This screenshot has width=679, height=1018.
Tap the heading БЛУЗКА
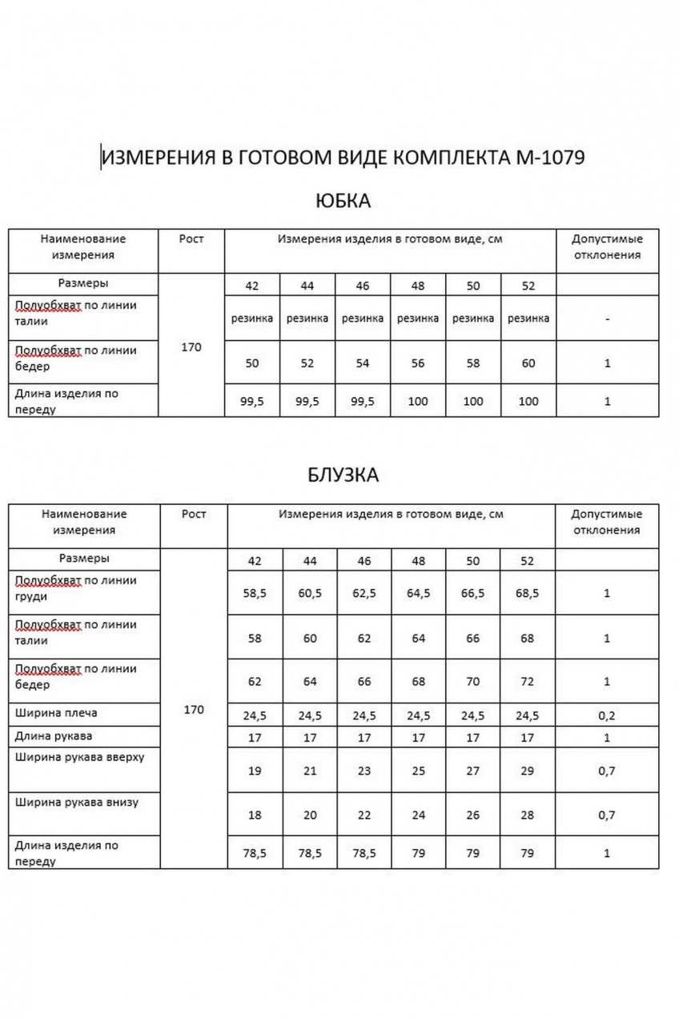pyautogui.click(x=343, y=475)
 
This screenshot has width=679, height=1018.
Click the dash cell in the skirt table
pyautogui.click(x=607, y=319)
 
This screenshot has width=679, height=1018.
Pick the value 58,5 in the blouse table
pyautogui.click(x=255, y=594)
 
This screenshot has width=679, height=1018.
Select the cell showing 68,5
pyautogui.click(x=527, y=594)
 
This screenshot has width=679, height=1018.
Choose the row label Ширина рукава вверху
pyautogui.click(x=79, y=757)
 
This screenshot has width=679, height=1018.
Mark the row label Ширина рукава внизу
pyautogui.click(x=77, y=802)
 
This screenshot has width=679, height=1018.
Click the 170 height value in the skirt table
pyautogui.click(x=191, y=347)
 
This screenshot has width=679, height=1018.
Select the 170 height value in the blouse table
pyautogui.click(x=194, y=710)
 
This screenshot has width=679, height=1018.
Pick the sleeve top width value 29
pyautogui.click(x=527, y=771)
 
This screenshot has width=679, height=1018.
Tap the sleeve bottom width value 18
pyautogui.click(x=255, y=816)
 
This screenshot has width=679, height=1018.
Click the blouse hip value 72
pyautogui.click(x=527, y=682)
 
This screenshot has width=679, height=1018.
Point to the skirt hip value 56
pyautogui.click(x=418, y=363)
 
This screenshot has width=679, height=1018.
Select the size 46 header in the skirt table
pyautogui.click(x=362, y=286)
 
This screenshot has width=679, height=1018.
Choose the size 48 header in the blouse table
pyautogui.click(x=418, y=561)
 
